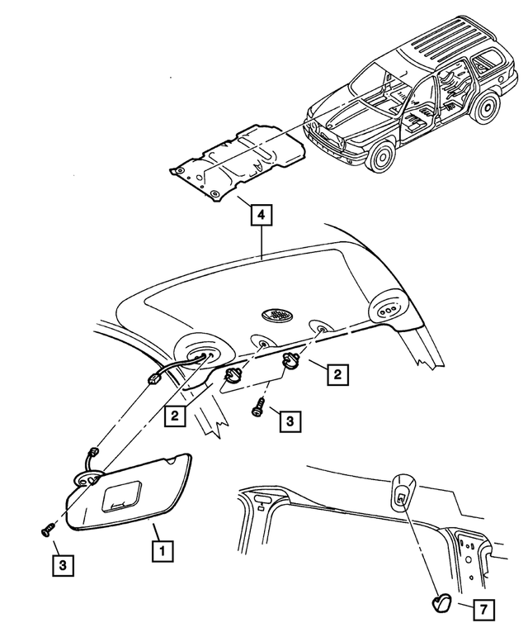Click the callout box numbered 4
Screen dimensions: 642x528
pyautogui.click(x=260, y=216)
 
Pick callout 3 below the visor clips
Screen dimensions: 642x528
pyautogui.click(x=289, y=421)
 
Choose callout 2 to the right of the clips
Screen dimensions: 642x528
pyautogui.click(x=337, y=374)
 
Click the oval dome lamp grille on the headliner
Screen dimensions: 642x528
pyautogui.click(x=277, y=315)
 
